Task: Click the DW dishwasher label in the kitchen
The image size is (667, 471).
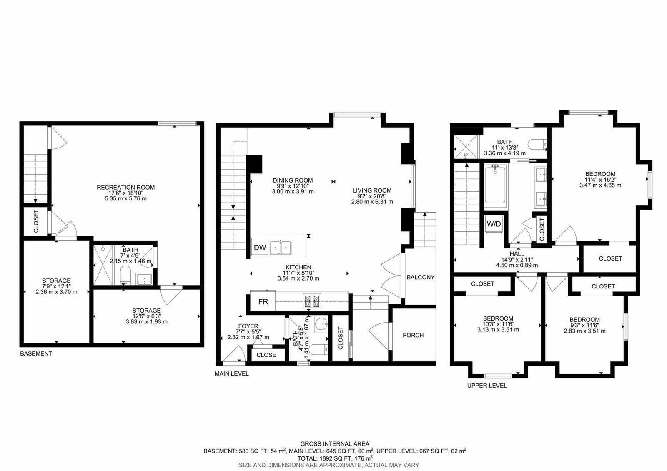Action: click(x=260, y=248)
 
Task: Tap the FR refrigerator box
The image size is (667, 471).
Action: click(x=263, y=301)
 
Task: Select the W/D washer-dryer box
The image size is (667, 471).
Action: click(x=494, y=224)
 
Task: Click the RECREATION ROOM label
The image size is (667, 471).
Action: click(x=125, y=187)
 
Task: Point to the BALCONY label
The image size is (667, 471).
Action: click(x=421, y=277)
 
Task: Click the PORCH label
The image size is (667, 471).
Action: click(x=413, y=335)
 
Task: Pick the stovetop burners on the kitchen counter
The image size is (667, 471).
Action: click(x=312, y=301)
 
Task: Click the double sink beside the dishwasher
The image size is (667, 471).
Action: click(x=281, y=248)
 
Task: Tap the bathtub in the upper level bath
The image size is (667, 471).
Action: click(x=495, y=185)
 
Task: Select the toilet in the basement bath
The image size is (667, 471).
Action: click(x=125, y=275)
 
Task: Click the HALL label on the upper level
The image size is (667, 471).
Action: click(x=517, y=254)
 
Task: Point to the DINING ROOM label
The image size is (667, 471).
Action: click(x=293, y=180)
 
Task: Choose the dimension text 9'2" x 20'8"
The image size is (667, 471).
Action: click(x=372, y=196)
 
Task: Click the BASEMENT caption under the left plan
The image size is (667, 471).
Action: click(x=36, y=354)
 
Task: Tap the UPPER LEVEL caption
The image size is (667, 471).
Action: click(x=487, y=386)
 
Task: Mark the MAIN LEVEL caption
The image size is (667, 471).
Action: click(x=232, y=373)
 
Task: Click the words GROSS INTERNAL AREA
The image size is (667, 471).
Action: click(x=335, y=444)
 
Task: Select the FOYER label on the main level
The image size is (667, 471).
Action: click(x=248, y=326)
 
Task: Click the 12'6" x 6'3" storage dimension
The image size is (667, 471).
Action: click(x=146, y=316)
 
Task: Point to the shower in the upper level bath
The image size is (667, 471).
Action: click(x=466, y=147)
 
